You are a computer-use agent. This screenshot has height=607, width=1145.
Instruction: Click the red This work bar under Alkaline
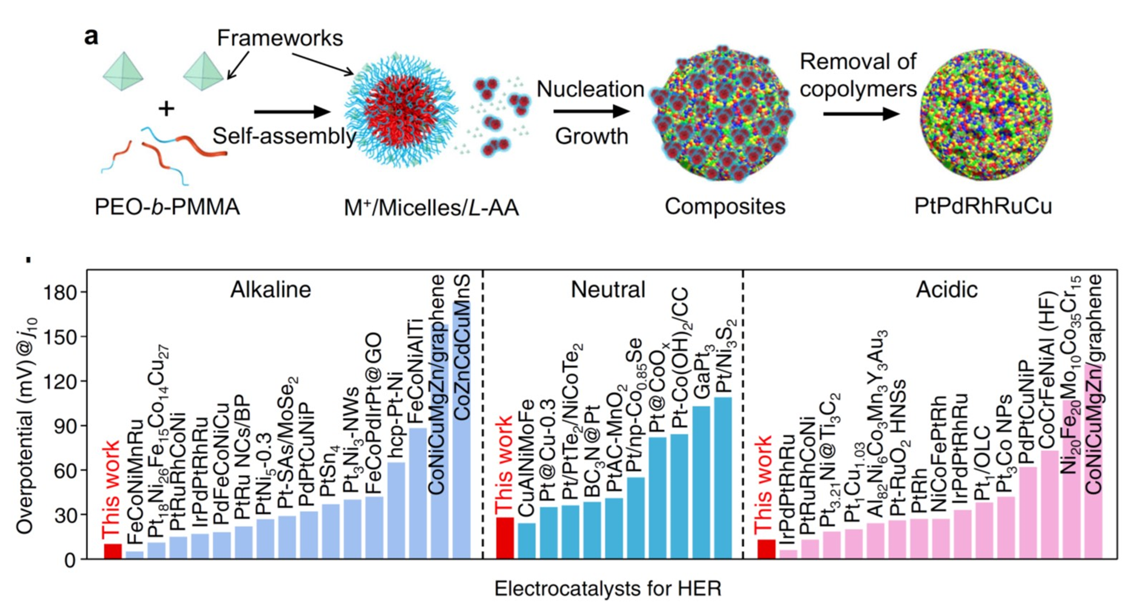point(113,551)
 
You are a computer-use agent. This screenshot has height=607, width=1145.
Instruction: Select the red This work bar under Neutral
point(504,538)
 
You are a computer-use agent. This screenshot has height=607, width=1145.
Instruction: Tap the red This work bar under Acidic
point(766,549)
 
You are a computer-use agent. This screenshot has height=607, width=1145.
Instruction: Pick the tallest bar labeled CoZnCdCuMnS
point(461,429)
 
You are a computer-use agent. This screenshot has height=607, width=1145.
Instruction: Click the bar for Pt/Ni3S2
point(723,478)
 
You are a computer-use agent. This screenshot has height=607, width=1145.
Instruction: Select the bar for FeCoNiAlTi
point(417,493)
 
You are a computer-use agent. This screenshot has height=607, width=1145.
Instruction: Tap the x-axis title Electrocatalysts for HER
point(607,589)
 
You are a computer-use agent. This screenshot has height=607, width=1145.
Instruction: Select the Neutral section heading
point(607,290)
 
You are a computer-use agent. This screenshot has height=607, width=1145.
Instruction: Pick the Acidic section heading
point(946,290)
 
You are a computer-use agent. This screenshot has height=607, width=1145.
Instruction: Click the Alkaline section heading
point(270,290)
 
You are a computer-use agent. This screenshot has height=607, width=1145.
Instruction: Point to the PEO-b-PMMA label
point(167,207)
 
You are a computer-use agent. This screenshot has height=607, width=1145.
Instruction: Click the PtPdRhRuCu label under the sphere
point(983,206)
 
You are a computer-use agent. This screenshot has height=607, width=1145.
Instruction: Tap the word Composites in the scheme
point(725,206)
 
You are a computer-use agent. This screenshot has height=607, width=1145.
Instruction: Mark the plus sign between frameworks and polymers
point(167,108)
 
